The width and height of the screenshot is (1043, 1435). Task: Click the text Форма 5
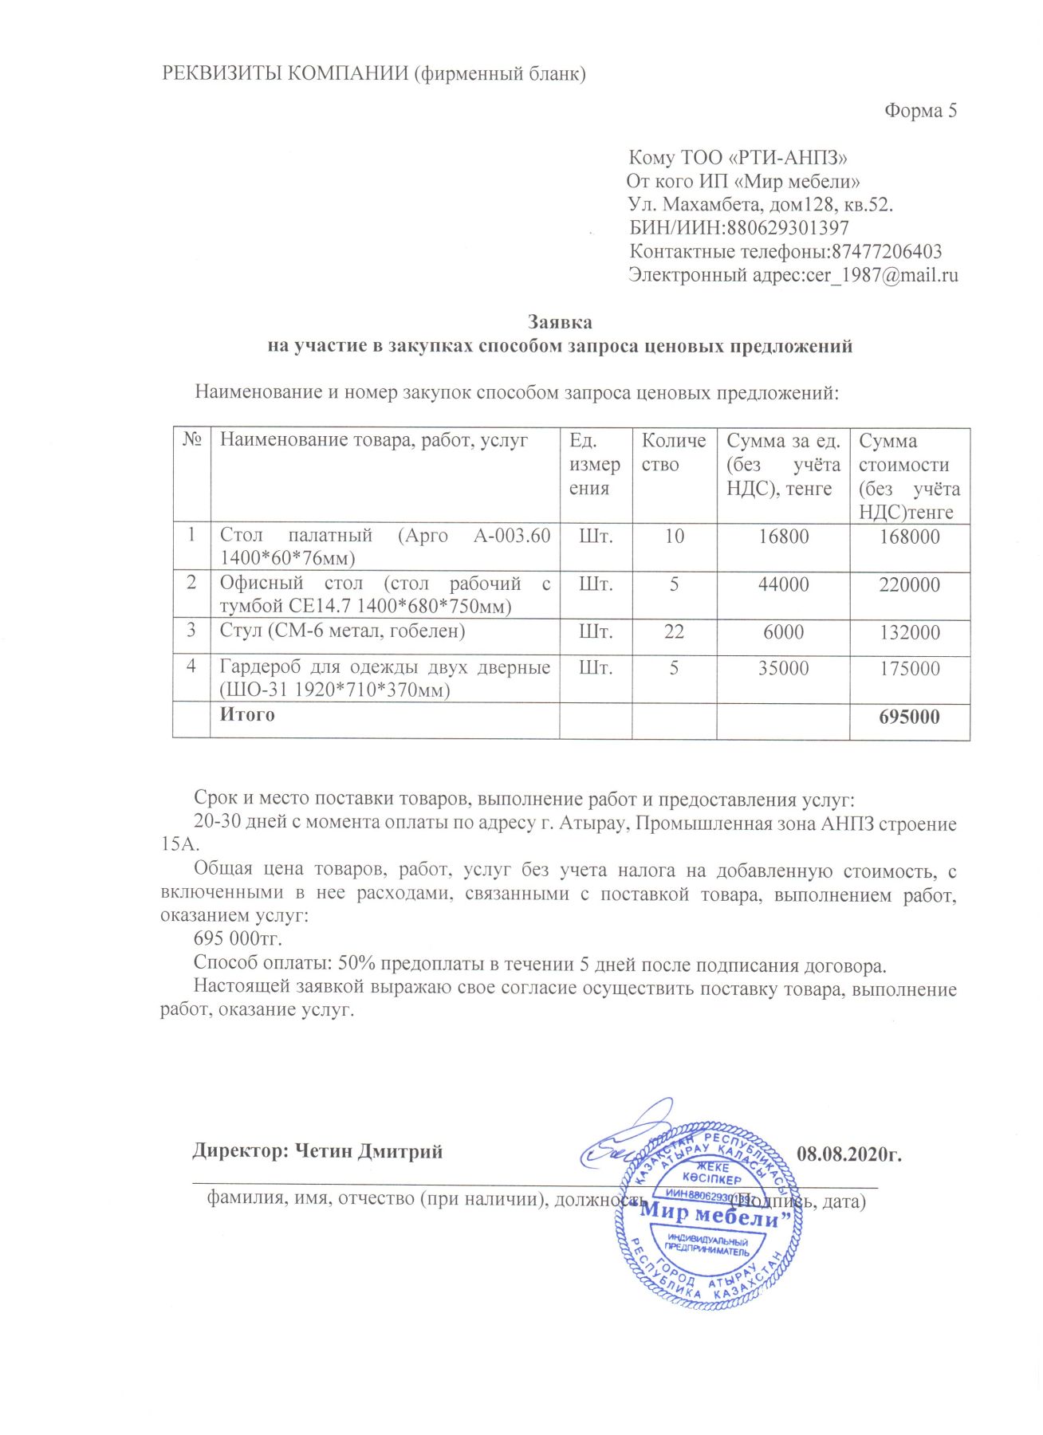point(920,111)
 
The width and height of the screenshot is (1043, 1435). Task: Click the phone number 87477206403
point(887,252)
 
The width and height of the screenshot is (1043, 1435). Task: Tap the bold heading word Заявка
point(560,323)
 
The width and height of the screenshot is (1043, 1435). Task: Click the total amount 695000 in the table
point(909,717)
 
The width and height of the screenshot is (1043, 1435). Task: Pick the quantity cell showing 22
point(674,632)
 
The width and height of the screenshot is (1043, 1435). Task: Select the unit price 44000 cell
point(783,584)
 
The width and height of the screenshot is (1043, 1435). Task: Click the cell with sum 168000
point(909,537)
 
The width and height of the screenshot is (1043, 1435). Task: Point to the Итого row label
point(247,715)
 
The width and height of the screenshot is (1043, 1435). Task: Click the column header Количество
point(674,453)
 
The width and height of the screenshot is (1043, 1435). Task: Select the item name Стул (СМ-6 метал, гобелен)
point(343,631)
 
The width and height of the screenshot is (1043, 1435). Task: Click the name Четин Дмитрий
point(368,1151)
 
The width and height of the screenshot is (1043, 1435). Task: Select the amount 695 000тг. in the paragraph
point(238,939)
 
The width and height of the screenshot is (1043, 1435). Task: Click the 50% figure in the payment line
point(357,965)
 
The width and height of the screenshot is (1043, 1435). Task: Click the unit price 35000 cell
point(783,668)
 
